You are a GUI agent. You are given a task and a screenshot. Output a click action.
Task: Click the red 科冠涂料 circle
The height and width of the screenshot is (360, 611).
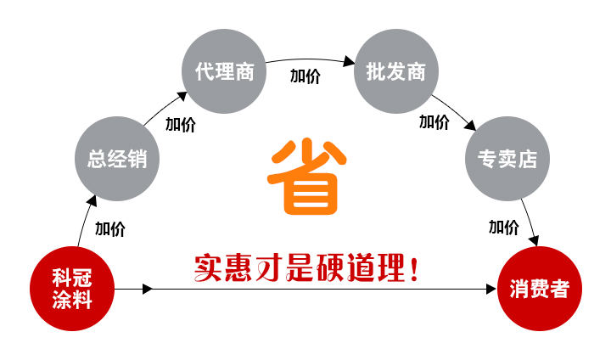(71, 289)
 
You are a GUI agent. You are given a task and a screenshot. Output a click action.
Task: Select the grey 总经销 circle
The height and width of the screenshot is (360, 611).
(117, 158)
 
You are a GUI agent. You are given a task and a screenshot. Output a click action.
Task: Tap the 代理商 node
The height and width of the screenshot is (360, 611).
(224, 71)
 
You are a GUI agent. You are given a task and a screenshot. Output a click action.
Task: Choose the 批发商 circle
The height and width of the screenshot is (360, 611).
(395, 71)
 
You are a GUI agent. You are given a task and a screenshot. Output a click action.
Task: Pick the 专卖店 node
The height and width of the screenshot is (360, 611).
(507, 158)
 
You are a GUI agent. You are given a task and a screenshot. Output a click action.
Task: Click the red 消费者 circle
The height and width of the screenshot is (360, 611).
(540, 289)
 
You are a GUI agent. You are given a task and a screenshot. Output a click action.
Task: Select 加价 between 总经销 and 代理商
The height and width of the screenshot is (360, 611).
(180, 125)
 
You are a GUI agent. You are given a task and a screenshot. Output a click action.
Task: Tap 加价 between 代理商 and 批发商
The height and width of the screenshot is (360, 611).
(305, 76)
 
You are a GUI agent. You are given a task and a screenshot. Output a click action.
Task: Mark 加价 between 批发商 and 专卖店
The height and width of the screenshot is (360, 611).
(434, 121)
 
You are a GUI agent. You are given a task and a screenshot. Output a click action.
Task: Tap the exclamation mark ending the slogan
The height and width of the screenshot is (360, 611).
(413, 270)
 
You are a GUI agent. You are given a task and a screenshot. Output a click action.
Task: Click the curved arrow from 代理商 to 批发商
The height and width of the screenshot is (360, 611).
(310, 61)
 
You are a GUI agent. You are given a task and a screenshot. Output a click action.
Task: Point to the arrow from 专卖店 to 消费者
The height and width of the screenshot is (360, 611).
(530, 222)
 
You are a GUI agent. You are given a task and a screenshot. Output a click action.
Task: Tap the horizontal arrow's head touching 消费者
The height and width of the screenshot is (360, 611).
(490, 290)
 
